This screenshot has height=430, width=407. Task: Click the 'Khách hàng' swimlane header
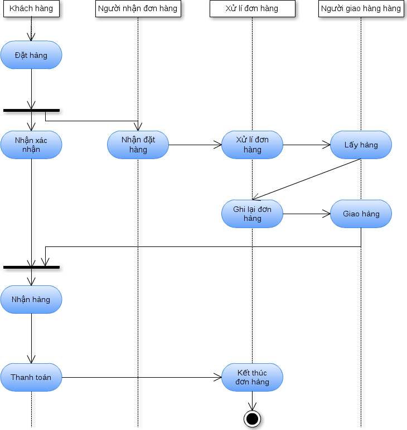31,8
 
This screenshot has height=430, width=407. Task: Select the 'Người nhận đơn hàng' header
138,8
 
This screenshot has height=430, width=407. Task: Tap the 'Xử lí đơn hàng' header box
252,8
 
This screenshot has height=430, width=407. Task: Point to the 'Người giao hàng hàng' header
361,8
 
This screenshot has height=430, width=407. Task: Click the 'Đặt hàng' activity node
31,55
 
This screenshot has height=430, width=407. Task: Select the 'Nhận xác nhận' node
31,145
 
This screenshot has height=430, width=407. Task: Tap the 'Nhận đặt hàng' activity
138,145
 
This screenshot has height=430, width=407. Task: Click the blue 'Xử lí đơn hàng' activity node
252,145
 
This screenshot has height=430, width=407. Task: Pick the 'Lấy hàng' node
361,145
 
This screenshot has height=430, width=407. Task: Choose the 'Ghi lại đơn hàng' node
252,214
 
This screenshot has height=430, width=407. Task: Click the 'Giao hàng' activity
361,214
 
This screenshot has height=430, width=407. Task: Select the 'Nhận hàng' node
31,299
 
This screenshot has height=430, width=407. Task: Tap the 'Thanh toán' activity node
31,377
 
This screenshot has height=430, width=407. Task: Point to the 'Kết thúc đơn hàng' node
252,377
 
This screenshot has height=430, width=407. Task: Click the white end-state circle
252,419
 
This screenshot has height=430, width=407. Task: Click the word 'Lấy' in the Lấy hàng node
351,145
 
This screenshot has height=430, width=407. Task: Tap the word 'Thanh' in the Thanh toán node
21,377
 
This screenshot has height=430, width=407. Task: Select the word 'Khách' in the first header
21,8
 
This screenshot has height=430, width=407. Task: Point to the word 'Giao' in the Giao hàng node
351,214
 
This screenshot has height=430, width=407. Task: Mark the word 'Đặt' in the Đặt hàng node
21,55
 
